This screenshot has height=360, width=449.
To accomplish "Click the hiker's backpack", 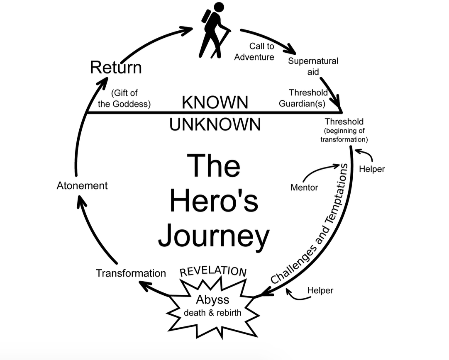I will (205, 17).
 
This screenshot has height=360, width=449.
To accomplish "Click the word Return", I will (116, 68).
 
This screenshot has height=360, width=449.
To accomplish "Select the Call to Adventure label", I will (254, 52).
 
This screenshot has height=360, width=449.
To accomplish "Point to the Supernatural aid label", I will (313, 66).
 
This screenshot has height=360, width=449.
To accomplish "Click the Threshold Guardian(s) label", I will (304, 98).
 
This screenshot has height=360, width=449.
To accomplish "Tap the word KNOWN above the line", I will (215, 102).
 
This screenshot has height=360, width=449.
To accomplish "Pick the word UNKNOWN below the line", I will (215, 124).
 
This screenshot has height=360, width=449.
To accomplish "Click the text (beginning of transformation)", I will (344, 135).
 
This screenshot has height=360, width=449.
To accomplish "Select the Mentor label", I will (304, 187).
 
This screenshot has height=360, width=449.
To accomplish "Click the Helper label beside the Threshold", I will (372, 169).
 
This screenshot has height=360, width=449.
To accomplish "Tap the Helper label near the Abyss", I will (320, 290).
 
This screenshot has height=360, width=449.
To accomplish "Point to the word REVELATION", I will (213, 270).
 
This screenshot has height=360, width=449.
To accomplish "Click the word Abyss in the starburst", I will (212, 299).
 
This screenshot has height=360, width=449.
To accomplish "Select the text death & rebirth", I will (212, 312).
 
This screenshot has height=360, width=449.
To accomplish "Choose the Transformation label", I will (131, 273).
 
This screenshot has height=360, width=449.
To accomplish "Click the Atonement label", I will (82, 185).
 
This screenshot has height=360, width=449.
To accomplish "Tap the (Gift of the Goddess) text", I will (124, 99).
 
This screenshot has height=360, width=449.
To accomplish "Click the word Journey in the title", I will (214, 236).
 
